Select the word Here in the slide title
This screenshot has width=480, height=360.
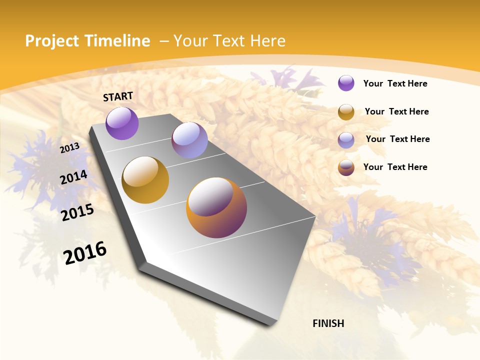(x=267, y=41)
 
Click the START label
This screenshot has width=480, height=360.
(x=118, y=96)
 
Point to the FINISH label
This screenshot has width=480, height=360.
(x=328, y=323)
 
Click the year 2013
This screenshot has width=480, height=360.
(x=69, y=147)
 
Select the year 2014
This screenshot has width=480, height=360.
(x=74, y=177)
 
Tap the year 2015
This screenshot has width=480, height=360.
(x=77, y=212)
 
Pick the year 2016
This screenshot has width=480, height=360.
(x=85, y=252)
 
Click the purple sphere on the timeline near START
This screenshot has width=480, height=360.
(x=122, y=123)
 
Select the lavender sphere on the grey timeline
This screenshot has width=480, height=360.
(x=189, y=140)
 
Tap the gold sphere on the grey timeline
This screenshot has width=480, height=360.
(x=145, y=180)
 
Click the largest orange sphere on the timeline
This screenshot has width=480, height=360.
(x=216, y=207)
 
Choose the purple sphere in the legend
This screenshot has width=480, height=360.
(x=346, y=83)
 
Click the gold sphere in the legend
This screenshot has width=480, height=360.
(x=346, y=112)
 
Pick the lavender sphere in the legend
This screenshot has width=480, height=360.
(x=346, y=140)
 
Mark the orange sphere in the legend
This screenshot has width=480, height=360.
(x=346, y=167)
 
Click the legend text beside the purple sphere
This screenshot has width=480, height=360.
(x=395, y=83)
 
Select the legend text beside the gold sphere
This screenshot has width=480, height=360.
(x=396, y=111)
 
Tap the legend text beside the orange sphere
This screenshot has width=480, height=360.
(x=395, y=167)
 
